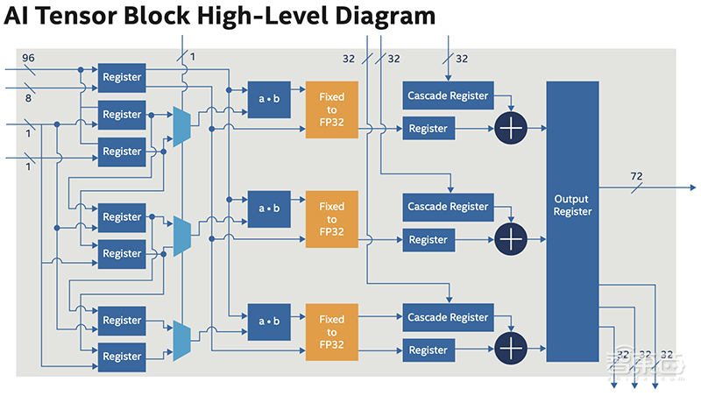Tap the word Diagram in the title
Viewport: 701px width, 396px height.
tap(379, 17)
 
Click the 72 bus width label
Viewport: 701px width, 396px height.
tap(636, 176)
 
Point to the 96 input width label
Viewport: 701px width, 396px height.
tap(28, 58)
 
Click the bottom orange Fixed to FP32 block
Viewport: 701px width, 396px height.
tap(332, 331)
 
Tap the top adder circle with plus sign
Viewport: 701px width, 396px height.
tap(509, 128)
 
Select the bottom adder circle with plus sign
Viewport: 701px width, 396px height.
tap(509, 350)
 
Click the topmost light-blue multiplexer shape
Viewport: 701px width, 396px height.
tap(182, 126)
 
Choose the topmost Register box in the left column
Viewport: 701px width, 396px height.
tap(122, 77)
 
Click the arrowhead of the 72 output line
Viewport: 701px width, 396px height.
tap(692, 187)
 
